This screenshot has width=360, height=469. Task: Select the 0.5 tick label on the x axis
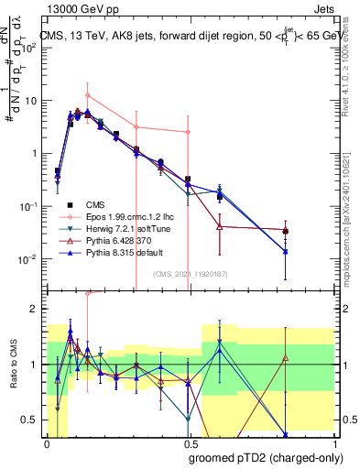pyautogui.click(x=189, y=443)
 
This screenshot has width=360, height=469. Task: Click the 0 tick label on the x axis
pyautogui.click(x=47, y=443)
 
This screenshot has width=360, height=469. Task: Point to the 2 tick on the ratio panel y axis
pyautogui.click(x=34, y=310)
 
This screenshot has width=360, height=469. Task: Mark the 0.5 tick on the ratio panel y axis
pyautogui.click(x=30, y=420)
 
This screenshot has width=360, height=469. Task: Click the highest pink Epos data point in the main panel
pyautogui.click(x=87, y=95)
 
